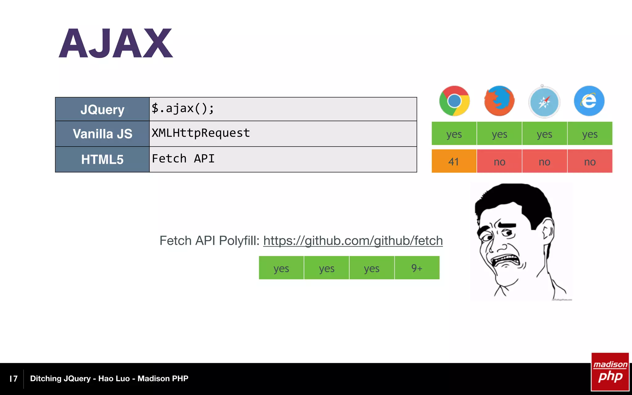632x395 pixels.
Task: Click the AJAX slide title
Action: pyautogui.click(x=116, y=43)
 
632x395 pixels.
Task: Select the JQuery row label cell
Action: pyautogui.click(x=102, y=110)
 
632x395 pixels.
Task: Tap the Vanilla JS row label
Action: pyautogui.click(x=102, y=134)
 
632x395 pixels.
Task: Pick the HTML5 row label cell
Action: pyautogui.click(x=102, y=160)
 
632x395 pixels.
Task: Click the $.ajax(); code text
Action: pyautogui.click(x=183, y=108)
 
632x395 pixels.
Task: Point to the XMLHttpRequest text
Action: pyautogui.click(x=201, y=133)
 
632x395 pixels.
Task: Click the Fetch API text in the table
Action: pyautogui.click(x=183, y=159)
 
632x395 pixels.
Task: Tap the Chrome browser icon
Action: pyautogui.click(x=454, y=101)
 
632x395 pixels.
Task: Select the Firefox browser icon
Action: pyautogui.click(x=499, y=101)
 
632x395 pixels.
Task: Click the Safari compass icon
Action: pyautogui.click(x=544, y=102)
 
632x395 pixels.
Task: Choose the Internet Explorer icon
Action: pyautogui.click(x=589, y=101)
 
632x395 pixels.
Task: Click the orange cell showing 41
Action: pyautogui.click(x=454, y=161)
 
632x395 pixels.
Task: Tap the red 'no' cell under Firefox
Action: pyautogui.click(x=499, y=161)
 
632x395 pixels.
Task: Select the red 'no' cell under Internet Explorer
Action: pyautogui.click(x=590, y=161)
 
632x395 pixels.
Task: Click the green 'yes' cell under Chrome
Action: pyautogui.click(x=454, y=134)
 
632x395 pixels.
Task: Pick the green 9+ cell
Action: pyautogui.click(x=417, y=268)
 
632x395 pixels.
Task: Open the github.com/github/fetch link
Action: pyautogui.click(x=353, y=241)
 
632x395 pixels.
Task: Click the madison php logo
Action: pyautogui.click(x=610, y=372)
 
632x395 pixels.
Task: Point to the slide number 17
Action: pyautogui.click(x=14, y=379)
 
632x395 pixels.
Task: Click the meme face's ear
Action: pyautogui.click(x=548, y=231)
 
